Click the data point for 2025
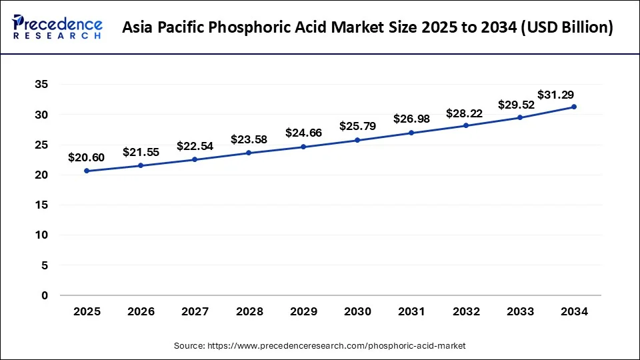[87, 171]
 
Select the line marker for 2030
[357, 140]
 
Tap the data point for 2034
[574, 107]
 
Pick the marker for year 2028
[249, 153]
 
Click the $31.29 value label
[556, 95]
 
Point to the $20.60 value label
[86, 158]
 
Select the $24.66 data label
[303, 133]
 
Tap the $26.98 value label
[411, 119]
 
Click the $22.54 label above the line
[195, 146]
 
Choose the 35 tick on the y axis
[41, 85]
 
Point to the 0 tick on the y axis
[45, 295]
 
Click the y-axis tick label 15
[41, 205]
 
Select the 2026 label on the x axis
[141, 311]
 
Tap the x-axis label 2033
[520, 311]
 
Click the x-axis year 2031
[411, 311]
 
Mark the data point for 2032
[466, 125]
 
